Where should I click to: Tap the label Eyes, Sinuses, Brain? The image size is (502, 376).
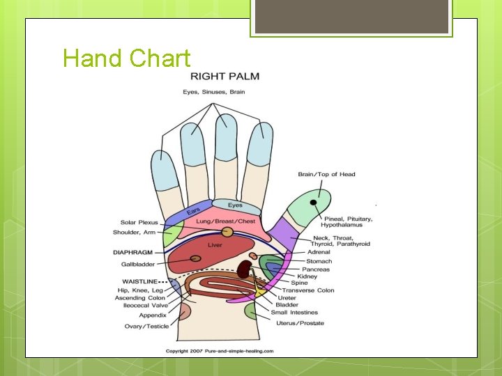(213, 92)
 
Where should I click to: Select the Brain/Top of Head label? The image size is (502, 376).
(326, 174)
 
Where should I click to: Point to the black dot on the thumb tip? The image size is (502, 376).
(314, 202)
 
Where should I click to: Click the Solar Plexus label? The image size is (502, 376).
(139, 222)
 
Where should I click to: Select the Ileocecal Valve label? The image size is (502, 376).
(142, 306)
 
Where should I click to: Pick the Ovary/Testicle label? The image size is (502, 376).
(146, 327)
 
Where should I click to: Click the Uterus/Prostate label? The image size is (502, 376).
(300, 323)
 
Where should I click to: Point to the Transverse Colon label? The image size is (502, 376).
(311, 290)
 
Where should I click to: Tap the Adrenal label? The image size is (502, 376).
(319, 252)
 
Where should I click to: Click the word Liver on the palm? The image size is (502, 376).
(215, 245)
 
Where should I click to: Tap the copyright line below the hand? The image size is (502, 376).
(220, 351)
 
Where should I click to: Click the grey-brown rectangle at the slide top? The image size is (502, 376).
(351, 17)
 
